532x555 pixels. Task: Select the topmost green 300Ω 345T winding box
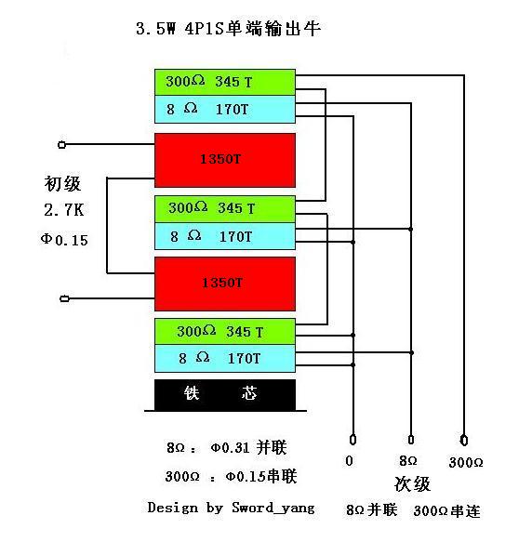(x=225, y=82)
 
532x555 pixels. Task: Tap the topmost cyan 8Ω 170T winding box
(x=225, y=108)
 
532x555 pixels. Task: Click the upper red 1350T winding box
(x=225, y=160)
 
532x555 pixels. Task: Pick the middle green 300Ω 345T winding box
(x=225, y=208)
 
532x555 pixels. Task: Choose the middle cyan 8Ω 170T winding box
(x=225, y=236)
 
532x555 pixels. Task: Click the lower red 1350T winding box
(x=225, y=283)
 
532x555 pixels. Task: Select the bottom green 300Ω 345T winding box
(x=225, y=331)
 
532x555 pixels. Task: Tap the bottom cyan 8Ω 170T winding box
(x=225, y=357)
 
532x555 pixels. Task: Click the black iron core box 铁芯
(x=225, y=394)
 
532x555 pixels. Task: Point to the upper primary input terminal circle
(x=62, y=145)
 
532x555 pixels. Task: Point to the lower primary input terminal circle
(x=62, y=298)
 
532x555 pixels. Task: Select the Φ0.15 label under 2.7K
(x=64, y=240)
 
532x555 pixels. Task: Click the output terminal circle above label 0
(x=352, y=439)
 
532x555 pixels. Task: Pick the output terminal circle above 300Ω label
(x=464, y=439)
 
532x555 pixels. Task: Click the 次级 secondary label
(x=412, y=484)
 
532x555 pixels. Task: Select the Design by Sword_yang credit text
(x=231, y=508)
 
